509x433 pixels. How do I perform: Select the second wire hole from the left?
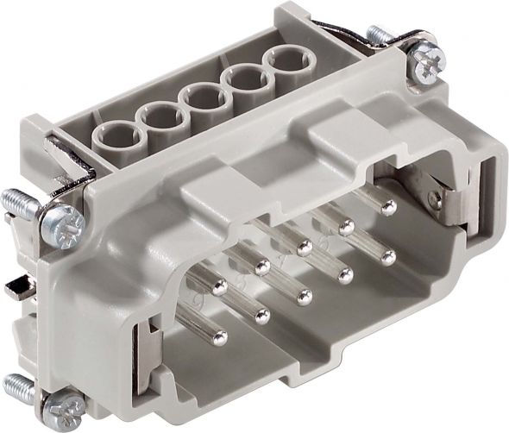tap(159, 116)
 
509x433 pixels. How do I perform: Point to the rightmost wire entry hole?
tap(286, 63)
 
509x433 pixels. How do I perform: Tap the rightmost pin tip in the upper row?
tap(388, 207)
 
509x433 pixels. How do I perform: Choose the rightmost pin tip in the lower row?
tap(388, 257)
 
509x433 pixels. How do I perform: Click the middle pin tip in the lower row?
tap(304, 298)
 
